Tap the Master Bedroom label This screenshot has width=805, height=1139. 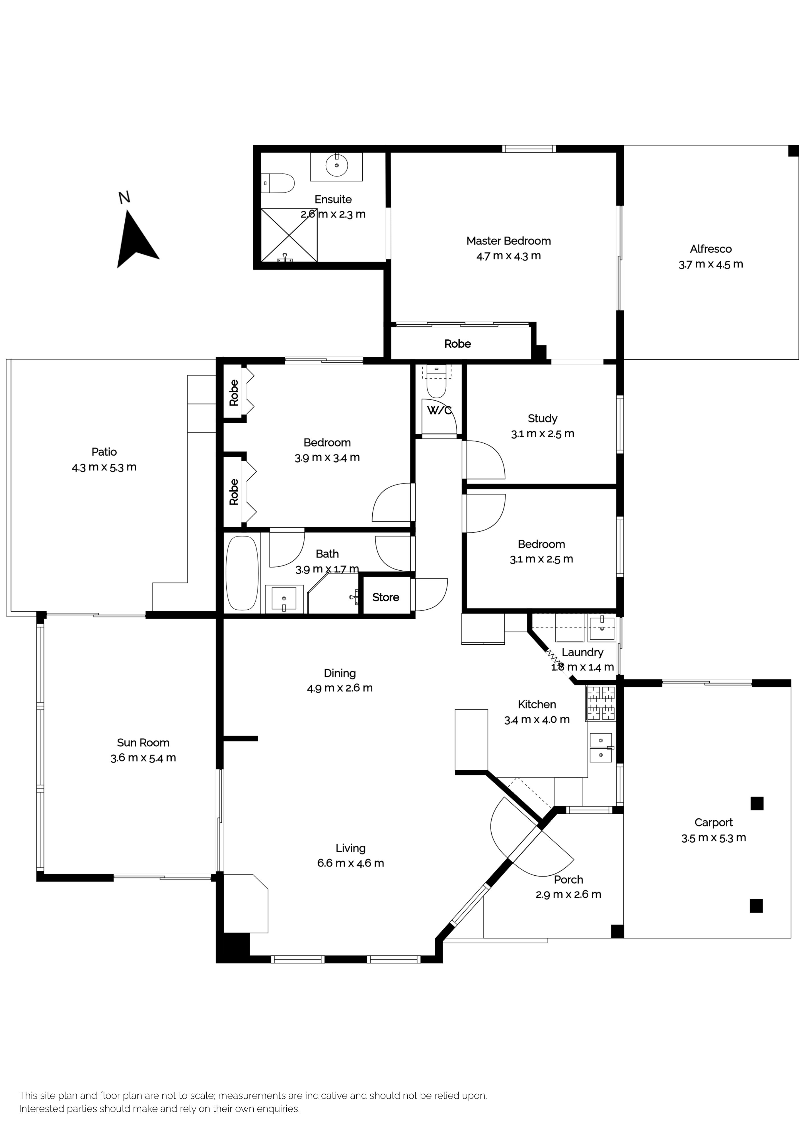pos(508,241)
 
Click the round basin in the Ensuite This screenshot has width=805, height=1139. pos(337,165)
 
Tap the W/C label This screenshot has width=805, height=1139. pos(439,411)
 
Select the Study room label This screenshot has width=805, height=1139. pos(542,418)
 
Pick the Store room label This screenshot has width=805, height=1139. pos(385,597)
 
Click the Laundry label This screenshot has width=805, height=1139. pos(582,652)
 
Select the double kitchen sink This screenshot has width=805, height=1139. pos(601,747)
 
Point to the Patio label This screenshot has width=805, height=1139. pos(104,452)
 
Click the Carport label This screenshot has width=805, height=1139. pos(713,823)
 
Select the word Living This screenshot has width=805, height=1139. pos(350,848)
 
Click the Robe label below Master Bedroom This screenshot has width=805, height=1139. pos(457,344)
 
